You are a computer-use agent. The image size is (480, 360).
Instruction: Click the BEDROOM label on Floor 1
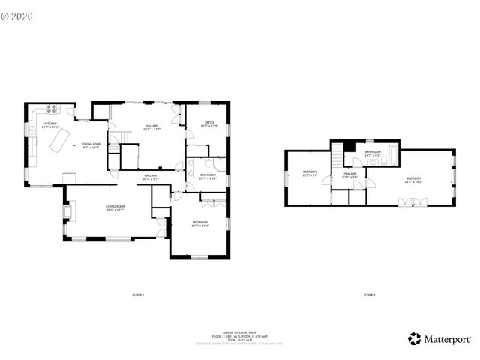tap(200, 223)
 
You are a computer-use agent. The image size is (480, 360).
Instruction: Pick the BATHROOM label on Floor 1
tap(208, 176)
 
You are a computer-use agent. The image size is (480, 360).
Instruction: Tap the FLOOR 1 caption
tap(138, 295)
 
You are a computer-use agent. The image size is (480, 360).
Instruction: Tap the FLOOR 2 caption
tap(369, 295)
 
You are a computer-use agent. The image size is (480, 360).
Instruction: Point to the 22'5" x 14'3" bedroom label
tap(413, 180)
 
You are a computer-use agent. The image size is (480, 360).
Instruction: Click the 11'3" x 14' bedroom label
tap(310, 173)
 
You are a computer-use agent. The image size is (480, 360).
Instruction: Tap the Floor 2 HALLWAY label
tap(349, 175)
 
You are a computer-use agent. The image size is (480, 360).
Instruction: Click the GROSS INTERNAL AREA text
tap(239, 330)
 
